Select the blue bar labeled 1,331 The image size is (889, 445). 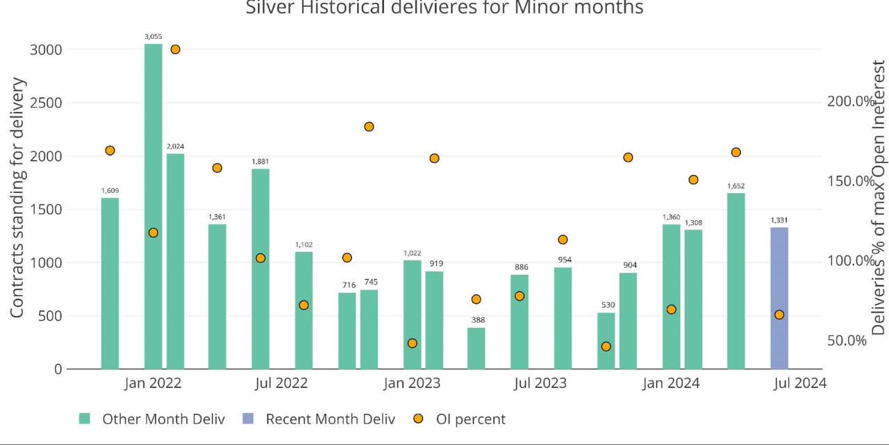779,298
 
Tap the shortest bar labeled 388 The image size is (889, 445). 476,348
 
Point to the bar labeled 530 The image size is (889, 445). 606,340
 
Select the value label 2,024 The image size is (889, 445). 175,146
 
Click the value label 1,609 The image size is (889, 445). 110,191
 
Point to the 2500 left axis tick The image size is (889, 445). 45,103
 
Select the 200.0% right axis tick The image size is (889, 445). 851,101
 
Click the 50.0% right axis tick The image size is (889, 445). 847,340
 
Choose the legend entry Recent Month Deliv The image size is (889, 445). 330,419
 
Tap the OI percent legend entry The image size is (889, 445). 470,419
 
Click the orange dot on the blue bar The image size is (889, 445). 779,314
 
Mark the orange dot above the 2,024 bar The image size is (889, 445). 175,49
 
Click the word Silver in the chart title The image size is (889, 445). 273,8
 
